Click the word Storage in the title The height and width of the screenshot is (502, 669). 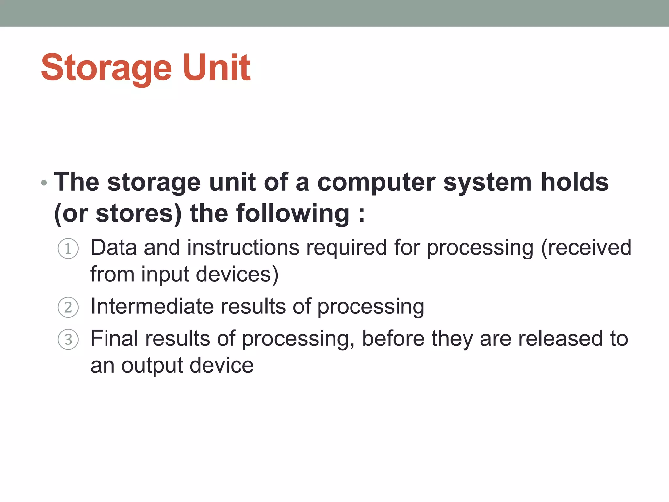[106, 68]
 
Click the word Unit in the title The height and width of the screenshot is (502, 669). [217, 67]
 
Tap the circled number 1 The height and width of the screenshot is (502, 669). [68, 249]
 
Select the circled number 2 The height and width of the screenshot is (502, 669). [68, 307]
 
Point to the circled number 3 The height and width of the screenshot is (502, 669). [68, 339]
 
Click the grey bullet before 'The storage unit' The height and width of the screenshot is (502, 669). [44, 183]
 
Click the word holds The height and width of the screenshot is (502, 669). [575, 182]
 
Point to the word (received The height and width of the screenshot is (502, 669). [586, 247]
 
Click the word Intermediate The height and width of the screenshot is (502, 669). [152, 307]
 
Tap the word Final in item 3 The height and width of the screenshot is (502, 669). [114, 338]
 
